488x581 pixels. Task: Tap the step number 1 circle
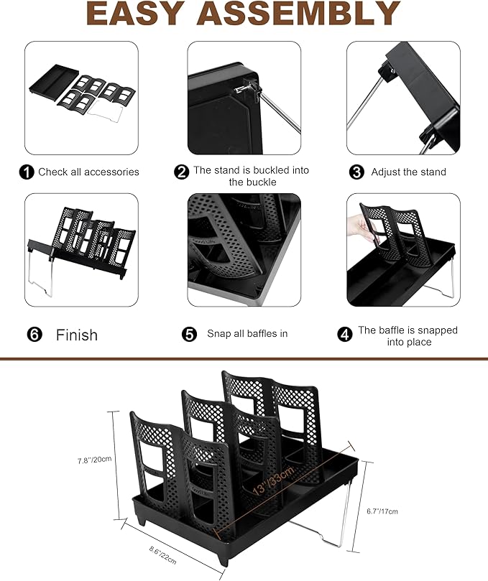(x=27, y=172)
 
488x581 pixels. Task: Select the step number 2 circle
(x=182, y=172)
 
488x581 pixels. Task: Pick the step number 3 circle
(x=356, y=172)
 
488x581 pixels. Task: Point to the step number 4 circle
(x=346, y=335)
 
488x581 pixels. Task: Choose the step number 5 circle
(x=190, y=334)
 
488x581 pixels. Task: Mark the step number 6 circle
(x=34, y=335)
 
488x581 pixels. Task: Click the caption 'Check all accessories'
(x=88, y=172)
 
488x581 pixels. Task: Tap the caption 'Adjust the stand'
(x=408, y=172)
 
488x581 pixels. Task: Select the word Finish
(x=77, y=335)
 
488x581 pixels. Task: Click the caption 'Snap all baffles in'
(x=247, y=334)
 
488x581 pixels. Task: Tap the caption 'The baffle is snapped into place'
(x=408, y=336)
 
